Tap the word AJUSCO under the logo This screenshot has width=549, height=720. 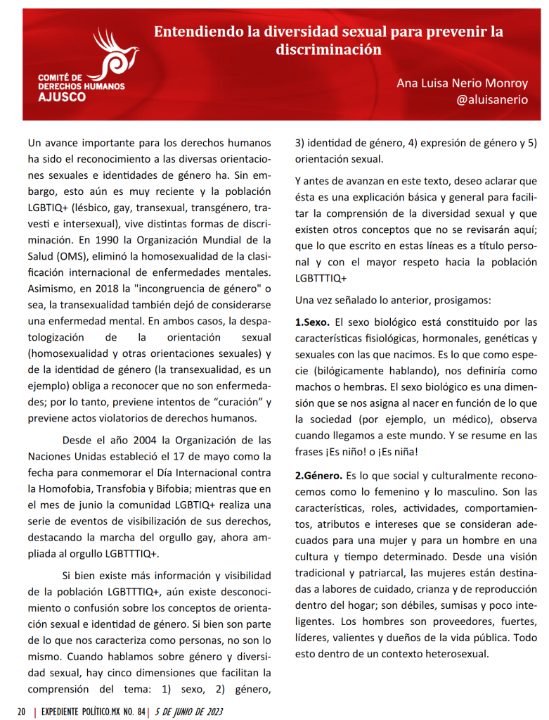pyautogui.click(x=63, y=97)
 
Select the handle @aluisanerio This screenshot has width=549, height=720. pyautogui.click(x=491, y=99)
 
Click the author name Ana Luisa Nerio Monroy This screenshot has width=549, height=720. pyautogui.click(x=462, y=83)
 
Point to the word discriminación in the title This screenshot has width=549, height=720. pyautogui.click(x=329, y=49)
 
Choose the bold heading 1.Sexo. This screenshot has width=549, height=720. pyautogui.click(x=311, y=322)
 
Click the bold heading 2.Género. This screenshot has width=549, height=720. pyautogui.click(x=318, y=475)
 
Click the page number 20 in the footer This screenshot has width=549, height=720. pyautogui.click(x=22, y=711)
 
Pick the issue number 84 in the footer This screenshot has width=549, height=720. pyautogui.click(x=141, y=711)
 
